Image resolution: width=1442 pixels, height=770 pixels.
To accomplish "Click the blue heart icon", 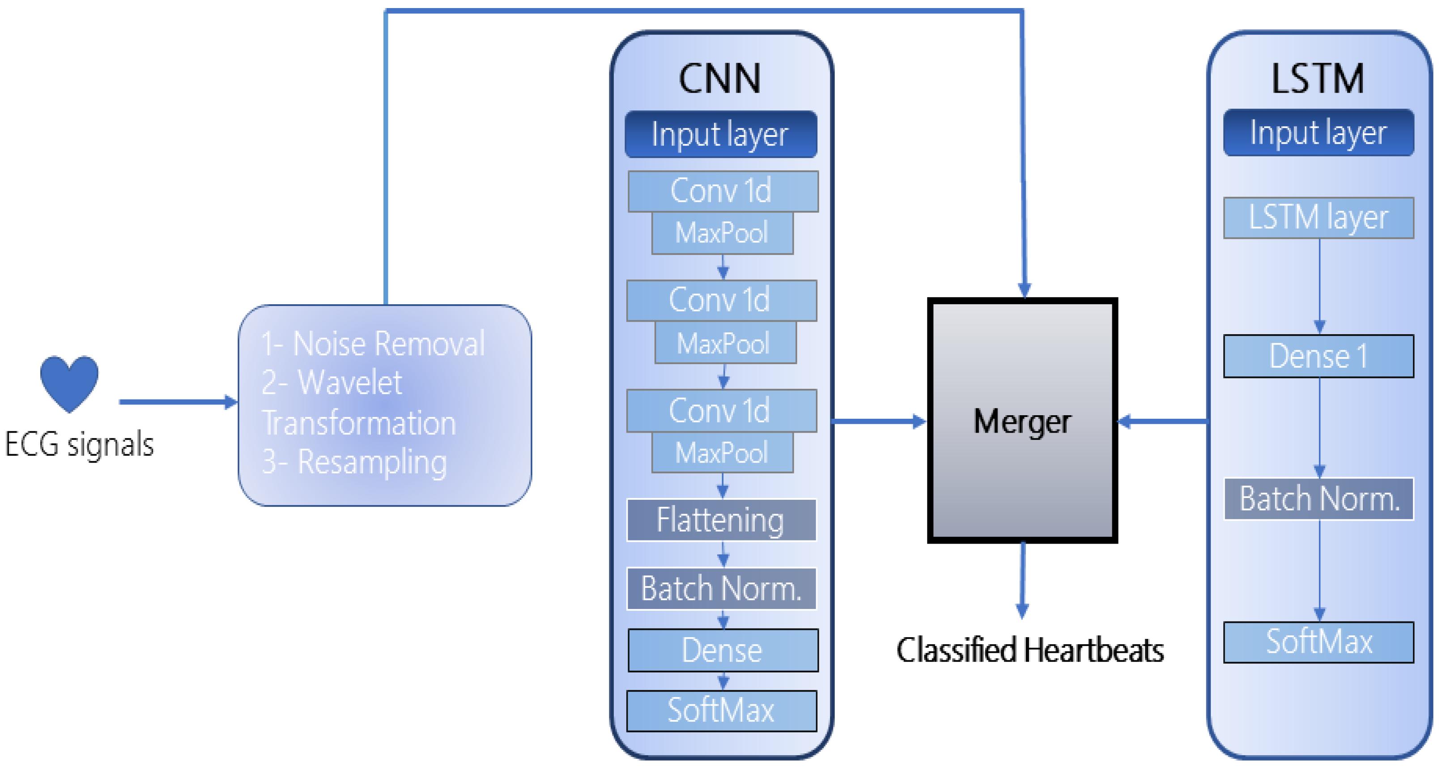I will click(x=69, y=382).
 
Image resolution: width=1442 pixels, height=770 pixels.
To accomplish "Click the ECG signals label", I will click(x=79, y=445).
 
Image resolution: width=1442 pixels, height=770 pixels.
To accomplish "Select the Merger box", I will click(x=1022, y=421).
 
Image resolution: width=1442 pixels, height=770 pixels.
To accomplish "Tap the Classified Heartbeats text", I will click(x=1029, y=650).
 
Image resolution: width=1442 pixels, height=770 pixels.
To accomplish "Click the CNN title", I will click(x=720, y=78).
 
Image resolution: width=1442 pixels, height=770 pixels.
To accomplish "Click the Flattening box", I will click(x=721, y=520).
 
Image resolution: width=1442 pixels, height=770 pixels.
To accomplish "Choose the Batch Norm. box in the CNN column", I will click(x=721, y=589).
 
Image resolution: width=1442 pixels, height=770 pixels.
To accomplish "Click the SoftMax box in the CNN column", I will click(x=721, y=710).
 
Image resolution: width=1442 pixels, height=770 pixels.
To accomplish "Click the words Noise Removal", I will click(x=388, y=343).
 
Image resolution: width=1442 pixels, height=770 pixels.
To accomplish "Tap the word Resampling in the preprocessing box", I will click(x=372, y=462).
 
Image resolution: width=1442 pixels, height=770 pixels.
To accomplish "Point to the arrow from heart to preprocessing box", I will click(x=176, y=402).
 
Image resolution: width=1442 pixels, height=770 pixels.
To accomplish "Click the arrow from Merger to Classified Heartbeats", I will click(x=1023, y=579).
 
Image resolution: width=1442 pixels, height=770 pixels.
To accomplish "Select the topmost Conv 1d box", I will click(x=723, y=191).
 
